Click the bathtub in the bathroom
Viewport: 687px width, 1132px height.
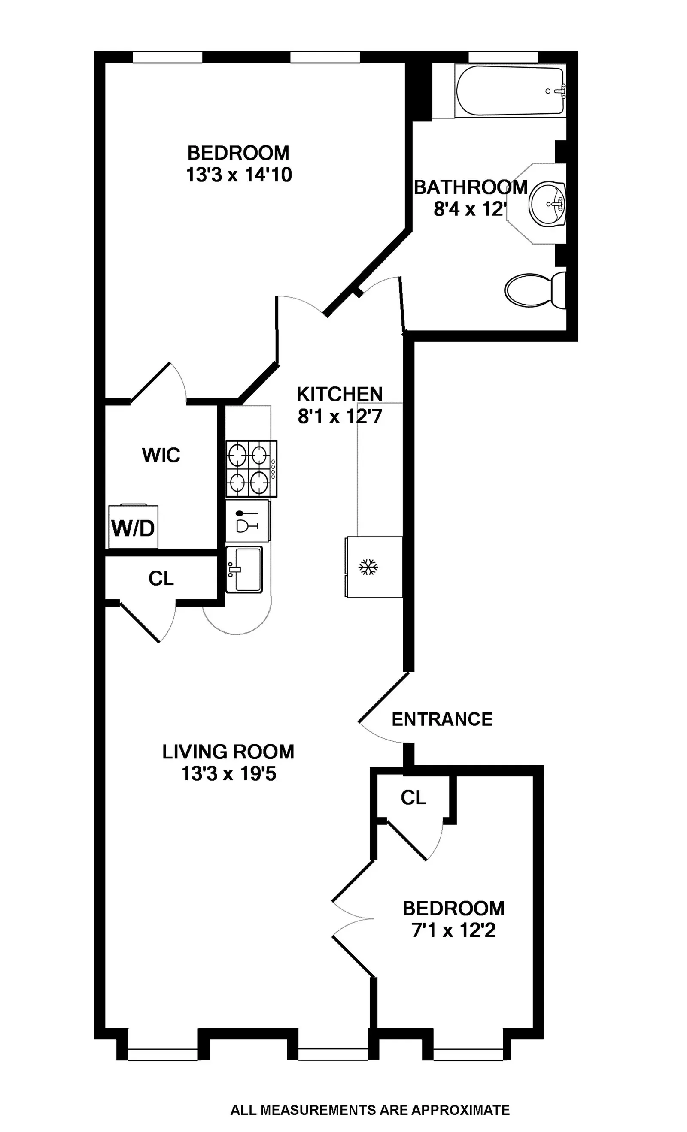click(510, 91)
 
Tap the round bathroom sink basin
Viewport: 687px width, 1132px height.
click(546, 203)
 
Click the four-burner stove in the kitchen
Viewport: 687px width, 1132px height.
click(251, 468)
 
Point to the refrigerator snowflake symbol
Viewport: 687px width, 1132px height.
click(368, 567)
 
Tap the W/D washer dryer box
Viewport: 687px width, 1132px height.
click(134, 528)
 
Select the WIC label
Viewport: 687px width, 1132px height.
click(161, 455)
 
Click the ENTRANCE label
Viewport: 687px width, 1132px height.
click(442, 719)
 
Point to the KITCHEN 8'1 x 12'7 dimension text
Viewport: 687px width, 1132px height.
click(340, 417)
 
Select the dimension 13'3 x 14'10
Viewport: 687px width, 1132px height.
click(239, 175)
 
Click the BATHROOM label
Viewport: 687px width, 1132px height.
click(471, 187)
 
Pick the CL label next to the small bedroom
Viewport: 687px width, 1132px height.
click(413, 798)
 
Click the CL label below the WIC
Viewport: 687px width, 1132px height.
click(161, 578)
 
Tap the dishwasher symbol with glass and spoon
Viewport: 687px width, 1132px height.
click(247, 521)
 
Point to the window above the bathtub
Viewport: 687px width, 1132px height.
click(503, 57)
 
